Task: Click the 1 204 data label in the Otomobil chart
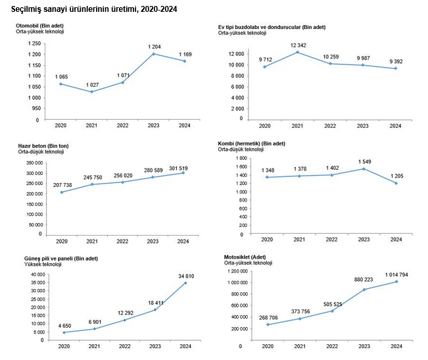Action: click(155, 47)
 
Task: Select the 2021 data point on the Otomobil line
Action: click(92, 91)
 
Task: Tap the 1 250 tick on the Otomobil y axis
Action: click(34, 43)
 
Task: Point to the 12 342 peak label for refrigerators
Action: click(298, 45)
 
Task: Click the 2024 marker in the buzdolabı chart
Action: click(396, 68)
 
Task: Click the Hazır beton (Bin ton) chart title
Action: click(43, 146)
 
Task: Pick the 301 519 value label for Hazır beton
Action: click(178, 168)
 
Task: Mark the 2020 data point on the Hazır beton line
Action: click(62, 192)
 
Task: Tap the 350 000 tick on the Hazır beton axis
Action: click(35, 163)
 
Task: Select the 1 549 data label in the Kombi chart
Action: click(365, 162)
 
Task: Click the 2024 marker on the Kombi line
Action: click(396, 183)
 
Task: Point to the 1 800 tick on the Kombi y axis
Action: click(241, 159)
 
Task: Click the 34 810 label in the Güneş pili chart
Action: click(186, 276)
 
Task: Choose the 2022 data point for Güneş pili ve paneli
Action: click(125, 320)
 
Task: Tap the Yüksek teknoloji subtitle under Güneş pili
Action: click(43, 264)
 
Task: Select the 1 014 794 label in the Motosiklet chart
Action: click(396, 274)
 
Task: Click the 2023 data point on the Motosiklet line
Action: click(364, 290)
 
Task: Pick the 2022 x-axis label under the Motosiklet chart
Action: click(332, 346)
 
